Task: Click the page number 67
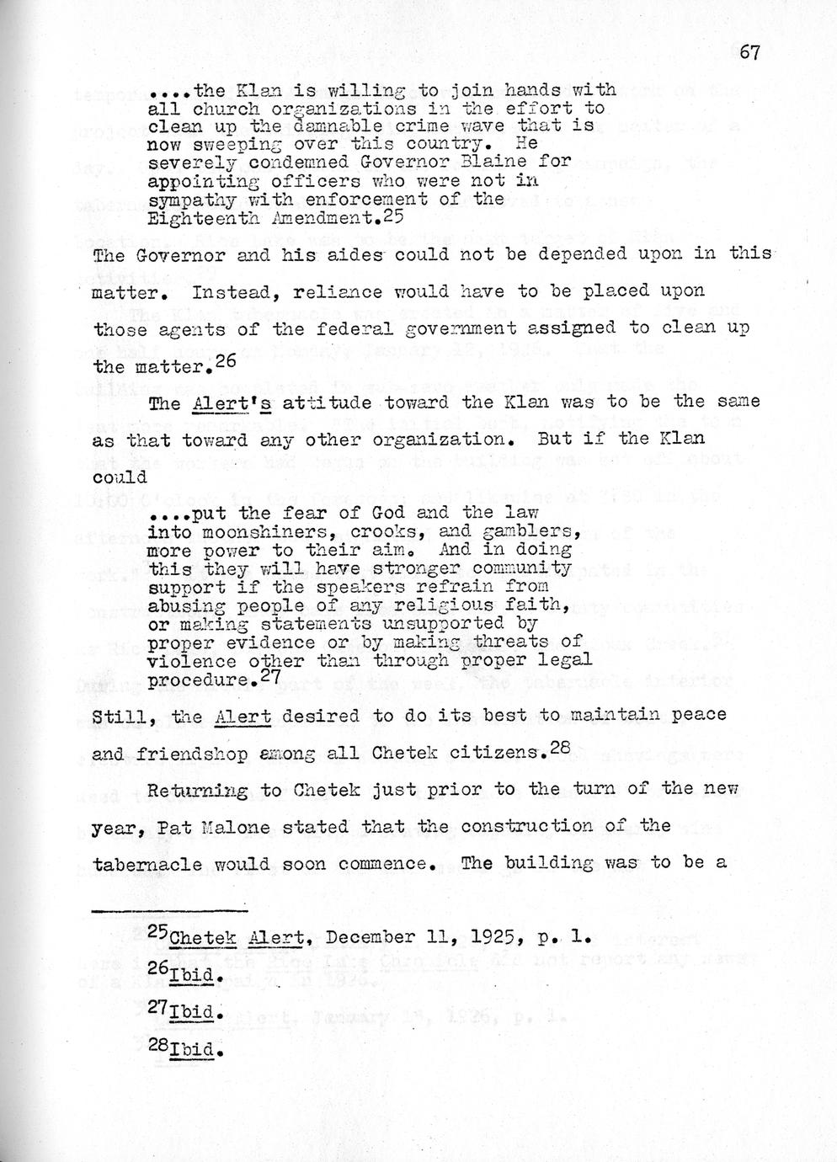749,52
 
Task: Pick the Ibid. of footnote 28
195,1050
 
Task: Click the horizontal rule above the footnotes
168,910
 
